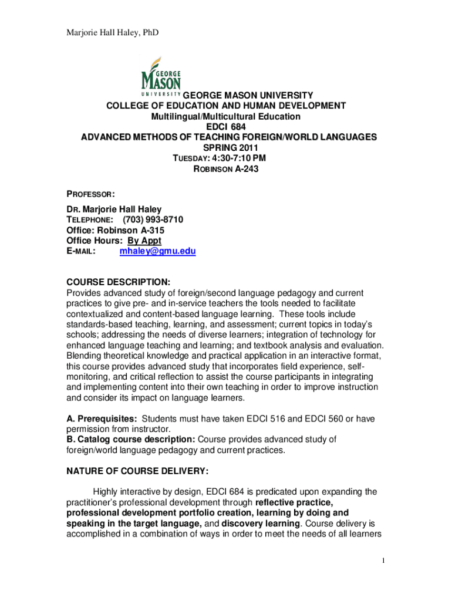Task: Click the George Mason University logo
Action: (161, 76)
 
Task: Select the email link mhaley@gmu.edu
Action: (157, 251)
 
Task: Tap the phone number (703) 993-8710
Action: (153, 220)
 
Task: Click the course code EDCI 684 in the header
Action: (226, 127)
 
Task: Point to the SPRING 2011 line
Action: (226, 148)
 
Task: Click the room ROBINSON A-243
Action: (226, 169)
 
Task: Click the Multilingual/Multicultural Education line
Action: (226, 116)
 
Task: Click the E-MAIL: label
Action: (82, 251)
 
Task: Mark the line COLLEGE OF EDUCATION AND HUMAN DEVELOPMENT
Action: (226, 106)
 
